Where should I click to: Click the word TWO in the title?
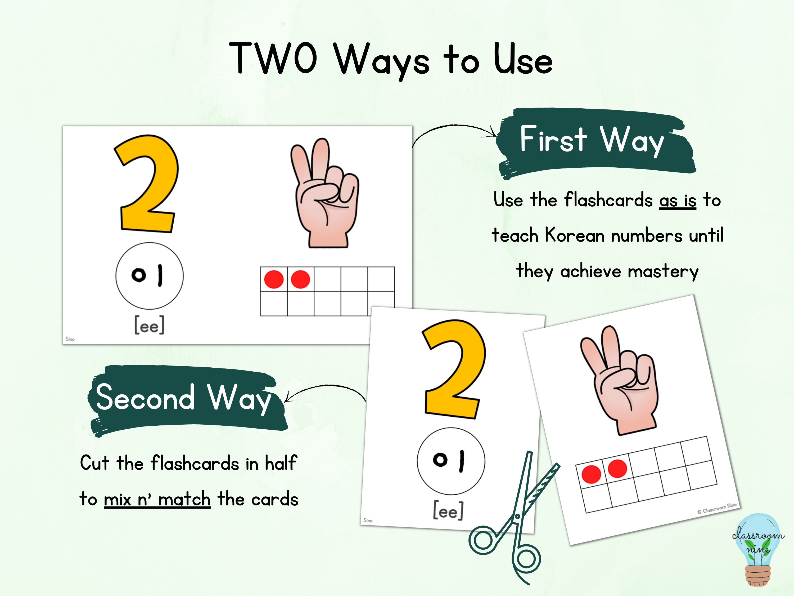tap(273, 58)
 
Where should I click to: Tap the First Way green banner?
tap(594, 142)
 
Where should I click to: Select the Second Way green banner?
tap(185, 399)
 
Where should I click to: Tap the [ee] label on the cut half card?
tap(448, 510)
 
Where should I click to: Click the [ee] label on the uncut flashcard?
tap(149, 325)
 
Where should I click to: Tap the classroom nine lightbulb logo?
tap(757, 550)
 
